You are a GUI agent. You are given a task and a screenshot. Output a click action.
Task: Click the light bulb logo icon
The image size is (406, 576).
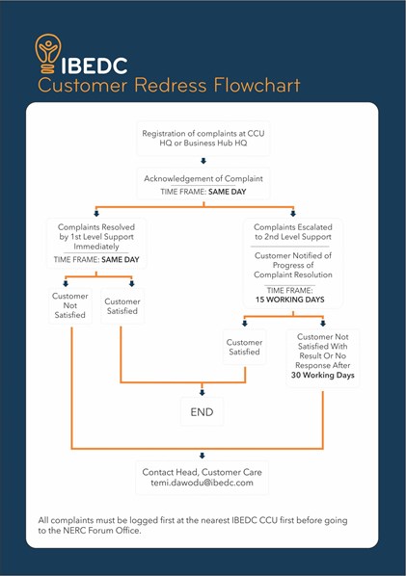(48, 54)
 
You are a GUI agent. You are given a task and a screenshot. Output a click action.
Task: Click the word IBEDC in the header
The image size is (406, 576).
(95, 65)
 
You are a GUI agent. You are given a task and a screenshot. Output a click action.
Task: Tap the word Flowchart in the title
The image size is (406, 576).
(257, 85)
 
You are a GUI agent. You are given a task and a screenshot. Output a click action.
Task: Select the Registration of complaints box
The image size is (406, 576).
(203, 138)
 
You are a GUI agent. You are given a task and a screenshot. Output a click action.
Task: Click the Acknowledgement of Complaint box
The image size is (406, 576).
(203, 184)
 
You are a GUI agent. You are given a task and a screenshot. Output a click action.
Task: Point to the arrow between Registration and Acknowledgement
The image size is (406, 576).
(203, 161)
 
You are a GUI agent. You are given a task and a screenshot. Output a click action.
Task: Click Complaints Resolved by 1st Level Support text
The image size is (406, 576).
(96, 237)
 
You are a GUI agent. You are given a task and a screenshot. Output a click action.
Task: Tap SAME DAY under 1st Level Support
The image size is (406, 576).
(121, 260)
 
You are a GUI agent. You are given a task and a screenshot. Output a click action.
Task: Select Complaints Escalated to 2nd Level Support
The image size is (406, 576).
(293, 232)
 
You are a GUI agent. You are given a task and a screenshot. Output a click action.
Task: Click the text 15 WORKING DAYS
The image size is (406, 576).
(289, 300)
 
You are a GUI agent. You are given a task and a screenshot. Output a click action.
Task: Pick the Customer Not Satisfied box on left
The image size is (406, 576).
(69, 305)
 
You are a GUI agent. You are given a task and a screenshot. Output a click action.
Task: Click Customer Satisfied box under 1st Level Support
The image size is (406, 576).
(122, 306)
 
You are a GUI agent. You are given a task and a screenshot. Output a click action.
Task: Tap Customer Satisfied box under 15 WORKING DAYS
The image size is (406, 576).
(244, 347)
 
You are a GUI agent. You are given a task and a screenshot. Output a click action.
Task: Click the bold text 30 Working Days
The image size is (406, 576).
(323, 375)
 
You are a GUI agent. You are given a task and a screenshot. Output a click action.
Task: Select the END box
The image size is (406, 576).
(202, 411)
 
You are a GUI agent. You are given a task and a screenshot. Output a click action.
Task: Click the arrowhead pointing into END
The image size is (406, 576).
(202, 393)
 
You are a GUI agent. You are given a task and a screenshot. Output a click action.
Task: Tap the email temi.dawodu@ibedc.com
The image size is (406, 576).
(202, 483)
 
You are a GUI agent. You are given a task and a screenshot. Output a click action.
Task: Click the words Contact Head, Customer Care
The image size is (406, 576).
(202, 472)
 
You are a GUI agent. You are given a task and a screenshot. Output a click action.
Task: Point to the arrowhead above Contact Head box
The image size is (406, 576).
(202, 456)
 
